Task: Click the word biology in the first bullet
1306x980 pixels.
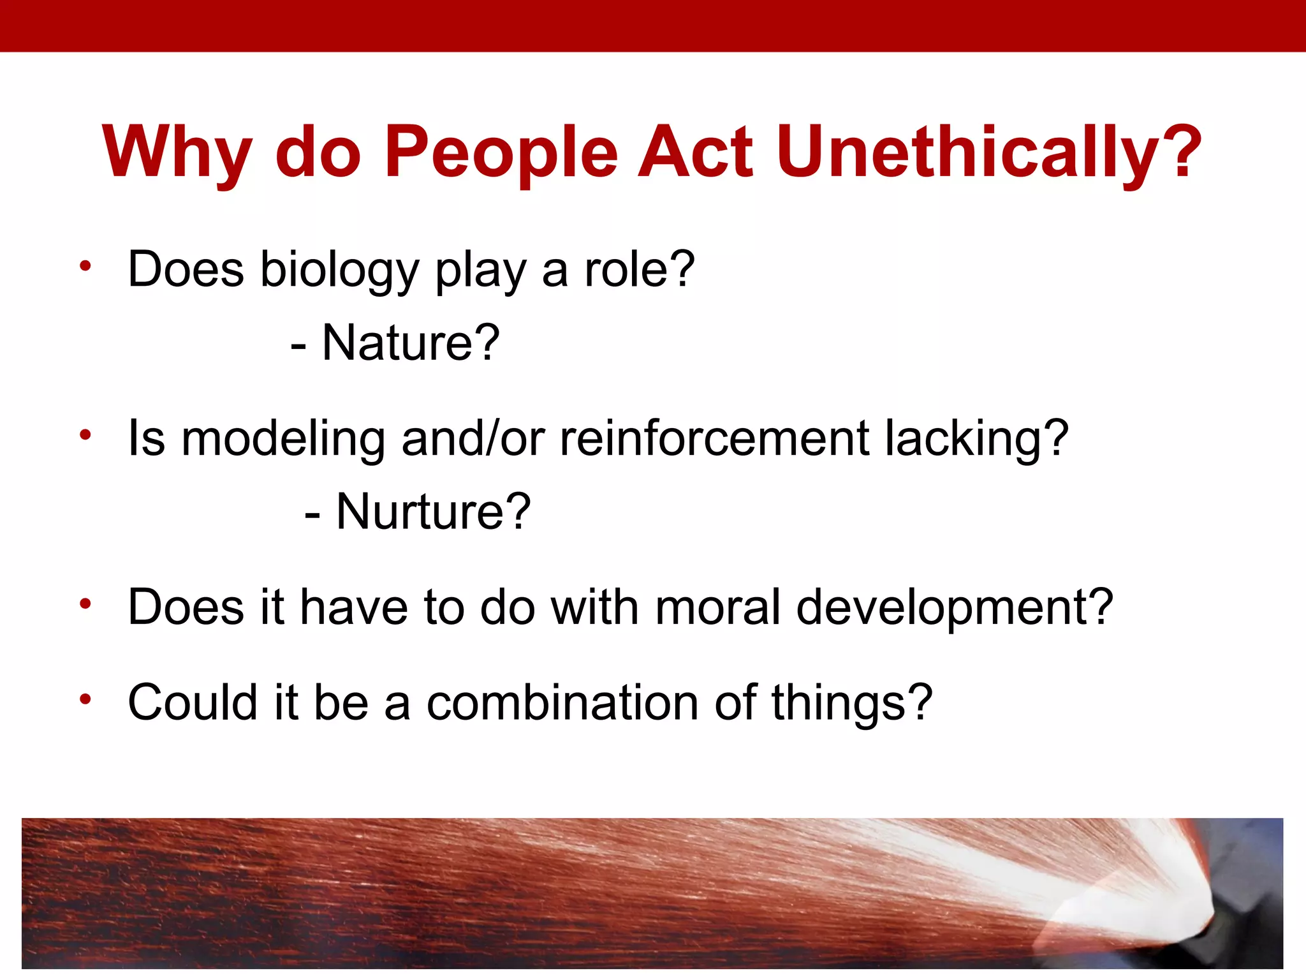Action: click(x=339, y=271)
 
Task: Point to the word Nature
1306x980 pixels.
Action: click(x=410, y=343)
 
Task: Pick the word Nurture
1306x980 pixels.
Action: click(x=433, y=512)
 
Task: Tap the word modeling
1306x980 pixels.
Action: click(x=283, y=440)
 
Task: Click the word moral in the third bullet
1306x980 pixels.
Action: click(x=717, y=607)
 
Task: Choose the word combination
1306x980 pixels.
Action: click(x=562, y=702)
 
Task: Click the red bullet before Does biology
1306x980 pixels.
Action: click(x=85, y=266)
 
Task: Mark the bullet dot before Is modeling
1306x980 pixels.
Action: click(x=85, y=435)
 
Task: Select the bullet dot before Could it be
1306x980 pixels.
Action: click(x=85, y=699)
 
